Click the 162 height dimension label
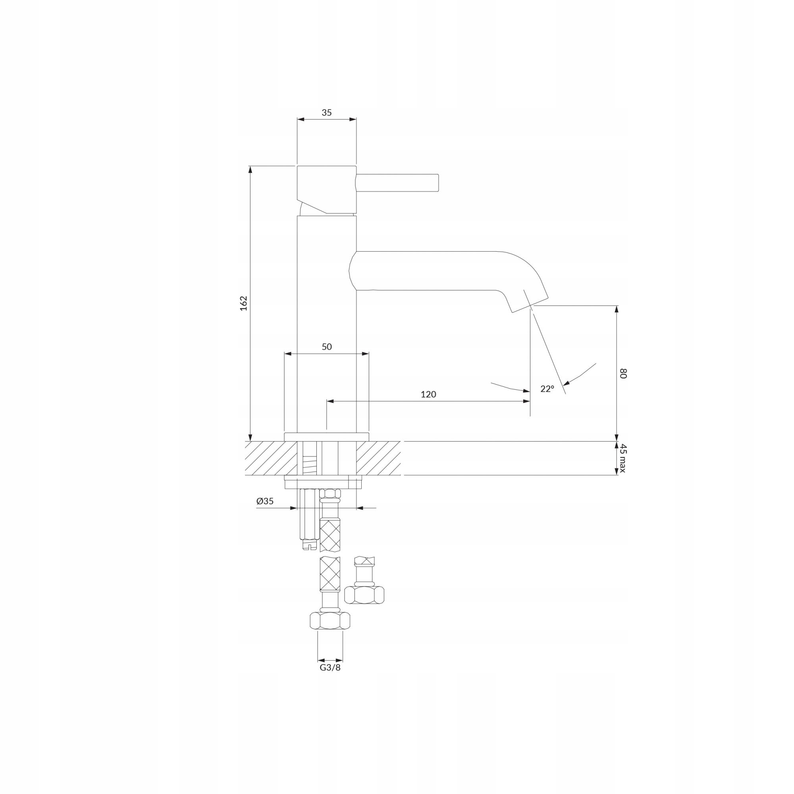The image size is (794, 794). click(x=244, y=303)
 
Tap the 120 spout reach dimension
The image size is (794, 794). click(x=428, y=395)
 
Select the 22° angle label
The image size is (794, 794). click(x=547, y=389)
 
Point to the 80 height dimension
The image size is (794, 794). click(x=623, y=374)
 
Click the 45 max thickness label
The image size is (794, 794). click(x=623, y=458)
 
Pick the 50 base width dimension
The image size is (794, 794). click(x=327, y=347)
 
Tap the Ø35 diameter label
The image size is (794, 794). click(x=265, y=501)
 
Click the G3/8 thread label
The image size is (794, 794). click(x=330, y=667)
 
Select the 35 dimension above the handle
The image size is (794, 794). click(x=327, y=113)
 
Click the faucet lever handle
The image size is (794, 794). click(x=398, y=183)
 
